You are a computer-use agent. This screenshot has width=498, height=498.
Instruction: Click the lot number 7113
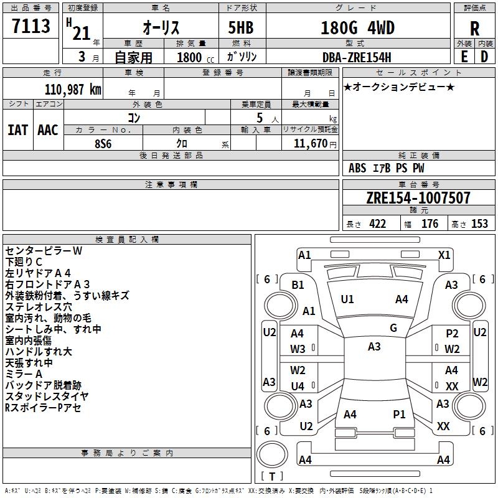tap(31, 26)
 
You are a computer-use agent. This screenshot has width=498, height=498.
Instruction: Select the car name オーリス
tap(161, 27)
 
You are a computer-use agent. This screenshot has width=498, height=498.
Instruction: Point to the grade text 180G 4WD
tap(357, 27)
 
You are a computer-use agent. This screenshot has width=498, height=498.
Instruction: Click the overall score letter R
tap(474, 29)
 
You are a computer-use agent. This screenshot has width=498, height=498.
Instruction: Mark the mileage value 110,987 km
tap(73, 89)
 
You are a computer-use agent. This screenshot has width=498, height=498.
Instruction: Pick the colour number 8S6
tap(103, 143)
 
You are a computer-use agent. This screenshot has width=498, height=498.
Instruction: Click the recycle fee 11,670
tap(309, 143)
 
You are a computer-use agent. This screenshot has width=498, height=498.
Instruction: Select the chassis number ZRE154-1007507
tap(418, 198)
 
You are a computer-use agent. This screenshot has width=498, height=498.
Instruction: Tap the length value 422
tap(377, 224)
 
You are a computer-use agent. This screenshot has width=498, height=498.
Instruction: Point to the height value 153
tap(479, 224)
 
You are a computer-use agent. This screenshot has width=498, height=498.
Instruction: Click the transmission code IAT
tap(18, 130)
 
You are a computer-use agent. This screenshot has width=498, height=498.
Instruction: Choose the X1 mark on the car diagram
tap(444, 255)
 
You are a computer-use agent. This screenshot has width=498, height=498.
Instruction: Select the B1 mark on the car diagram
tap(298, 284)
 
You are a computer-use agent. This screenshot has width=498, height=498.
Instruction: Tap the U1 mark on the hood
tap(347, 299)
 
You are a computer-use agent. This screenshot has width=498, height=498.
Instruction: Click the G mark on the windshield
tap(393, 327)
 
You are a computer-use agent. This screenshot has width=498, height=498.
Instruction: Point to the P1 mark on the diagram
tap(399, 414)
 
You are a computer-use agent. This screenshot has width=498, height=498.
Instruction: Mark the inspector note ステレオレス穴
tap(39, 307)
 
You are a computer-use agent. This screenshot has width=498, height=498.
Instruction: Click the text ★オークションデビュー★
tap(399, 87)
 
